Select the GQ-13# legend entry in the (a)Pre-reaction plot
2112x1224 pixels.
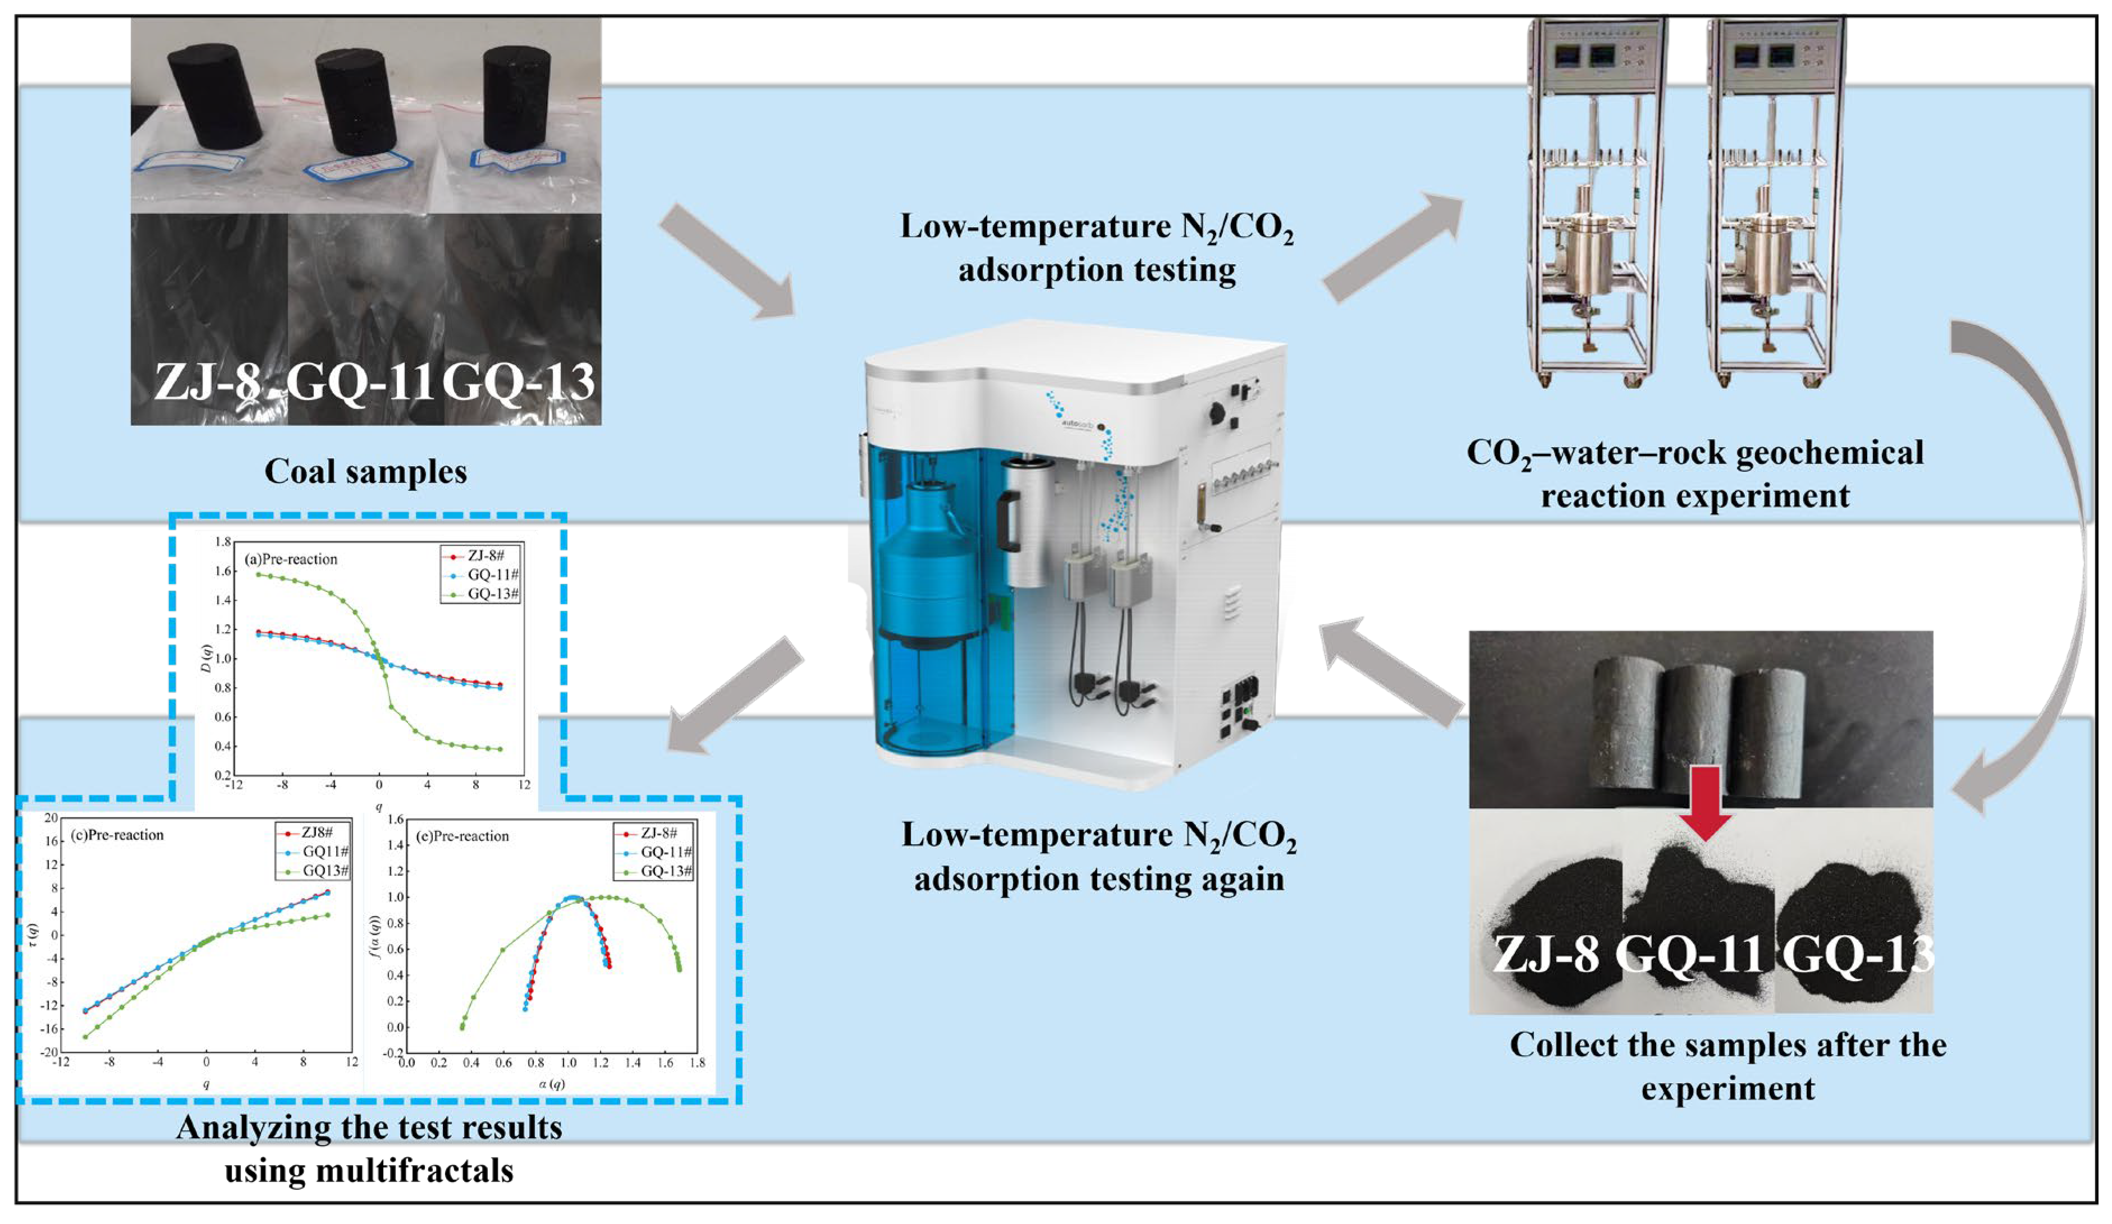pos(493,594)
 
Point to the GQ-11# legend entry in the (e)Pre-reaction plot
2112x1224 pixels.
pos(666,852)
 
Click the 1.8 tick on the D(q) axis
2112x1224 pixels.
pos(223,542)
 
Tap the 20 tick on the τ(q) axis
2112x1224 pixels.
pos(51,818)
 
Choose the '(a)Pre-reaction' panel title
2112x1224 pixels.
pos(291,559)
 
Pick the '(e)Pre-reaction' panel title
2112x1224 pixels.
pos(462,836)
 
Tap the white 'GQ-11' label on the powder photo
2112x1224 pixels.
pos(1689,954)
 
